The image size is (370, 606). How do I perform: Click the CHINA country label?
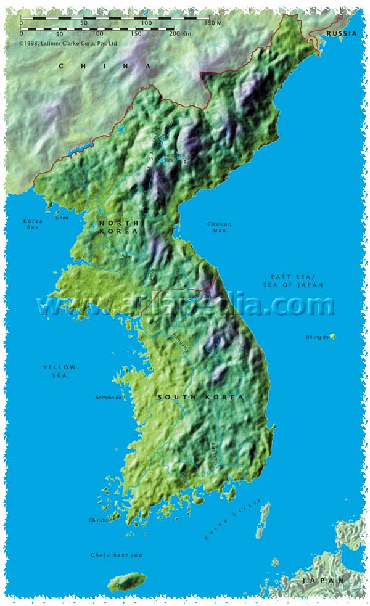pos(105,66)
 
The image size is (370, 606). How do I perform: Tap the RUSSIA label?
pos(342,33)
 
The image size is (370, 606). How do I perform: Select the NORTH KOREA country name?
pos(118,226)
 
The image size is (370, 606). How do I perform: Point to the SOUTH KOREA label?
pos(200,398)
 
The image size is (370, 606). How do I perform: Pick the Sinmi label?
pos(62,217)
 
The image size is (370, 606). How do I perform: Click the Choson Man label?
pos(219,227)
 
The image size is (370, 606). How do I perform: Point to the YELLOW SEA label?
pos(59,371)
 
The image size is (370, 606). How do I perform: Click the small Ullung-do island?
pos(333,336)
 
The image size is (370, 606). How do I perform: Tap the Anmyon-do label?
pos(109,398)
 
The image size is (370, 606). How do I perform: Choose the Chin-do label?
pos(98,520)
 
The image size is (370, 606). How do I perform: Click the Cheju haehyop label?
pos(117,555)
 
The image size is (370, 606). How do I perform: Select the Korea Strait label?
pos(233,519)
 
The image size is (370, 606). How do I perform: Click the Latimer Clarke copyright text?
pos(68,43)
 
